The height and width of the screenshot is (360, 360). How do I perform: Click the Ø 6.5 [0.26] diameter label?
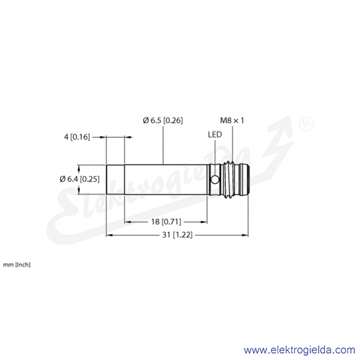[x=163, y=120]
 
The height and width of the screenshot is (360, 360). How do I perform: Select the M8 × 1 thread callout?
[x=232, y=120]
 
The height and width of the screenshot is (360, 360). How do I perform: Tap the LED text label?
[x=215, y=134]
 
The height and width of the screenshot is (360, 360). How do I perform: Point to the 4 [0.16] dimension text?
[x=77, y=137]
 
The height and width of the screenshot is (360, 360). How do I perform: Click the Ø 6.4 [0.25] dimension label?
[x=80, y=179]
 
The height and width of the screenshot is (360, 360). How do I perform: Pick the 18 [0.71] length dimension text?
[x=166, y=222]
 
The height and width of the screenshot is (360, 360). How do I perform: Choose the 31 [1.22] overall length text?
[x=178, y=235]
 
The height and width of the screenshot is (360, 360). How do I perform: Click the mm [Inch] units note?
[x=17, y=265]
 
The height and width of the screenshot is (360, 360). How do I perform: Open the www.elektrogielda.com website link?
[x=299, y=350]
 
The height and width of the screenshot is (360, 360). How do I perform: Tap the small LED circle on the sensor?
[x=215, y=180]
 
